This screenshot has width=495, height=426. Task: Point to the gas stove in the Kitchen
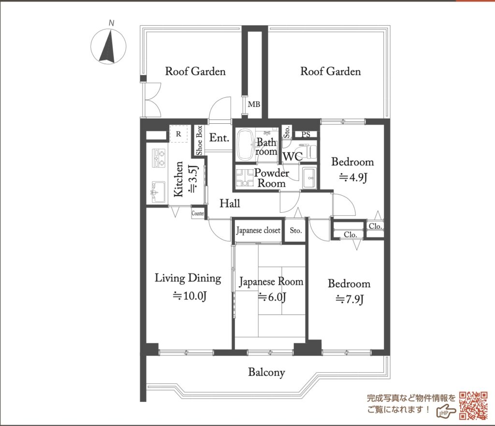pyautogui.click(x=159, y=158)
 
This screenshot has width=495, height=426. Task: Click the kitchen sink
pyautogui.click(x=159, y=192)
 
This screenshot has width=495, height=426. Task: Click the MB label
pyautogui.click(x=254, y=104)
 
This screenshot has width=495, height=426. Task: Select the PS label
pyautogui.click(x=306, y=134)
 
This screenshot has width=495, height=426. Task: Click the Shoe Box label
pyautogui.click(x=199, y=141)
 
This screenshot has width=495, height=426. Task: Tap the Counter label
pyautogui.click(x=198, y=213)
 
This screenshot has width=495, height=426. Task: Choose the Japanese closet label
pyautogui.click(x=258, y=231)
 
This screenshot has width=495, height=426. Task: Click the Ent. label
pyautogui.click(x=219, y=138)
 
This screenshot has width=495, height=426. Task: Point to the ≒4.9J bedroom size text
pyautogui.click(x=353, y=178)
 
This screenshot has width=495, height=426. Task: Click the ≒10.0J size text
pyautogui.click(x=189, y=296)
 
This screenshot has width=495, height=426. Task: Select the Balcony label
pyautogui.click(x=266, y=372)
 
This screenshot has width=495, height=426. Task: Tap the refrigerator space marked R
pyautogui.click(x=179, y=134)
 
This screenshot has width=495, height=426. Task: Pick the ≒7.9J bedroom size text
pyautogui.click(x=349, y=299)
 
